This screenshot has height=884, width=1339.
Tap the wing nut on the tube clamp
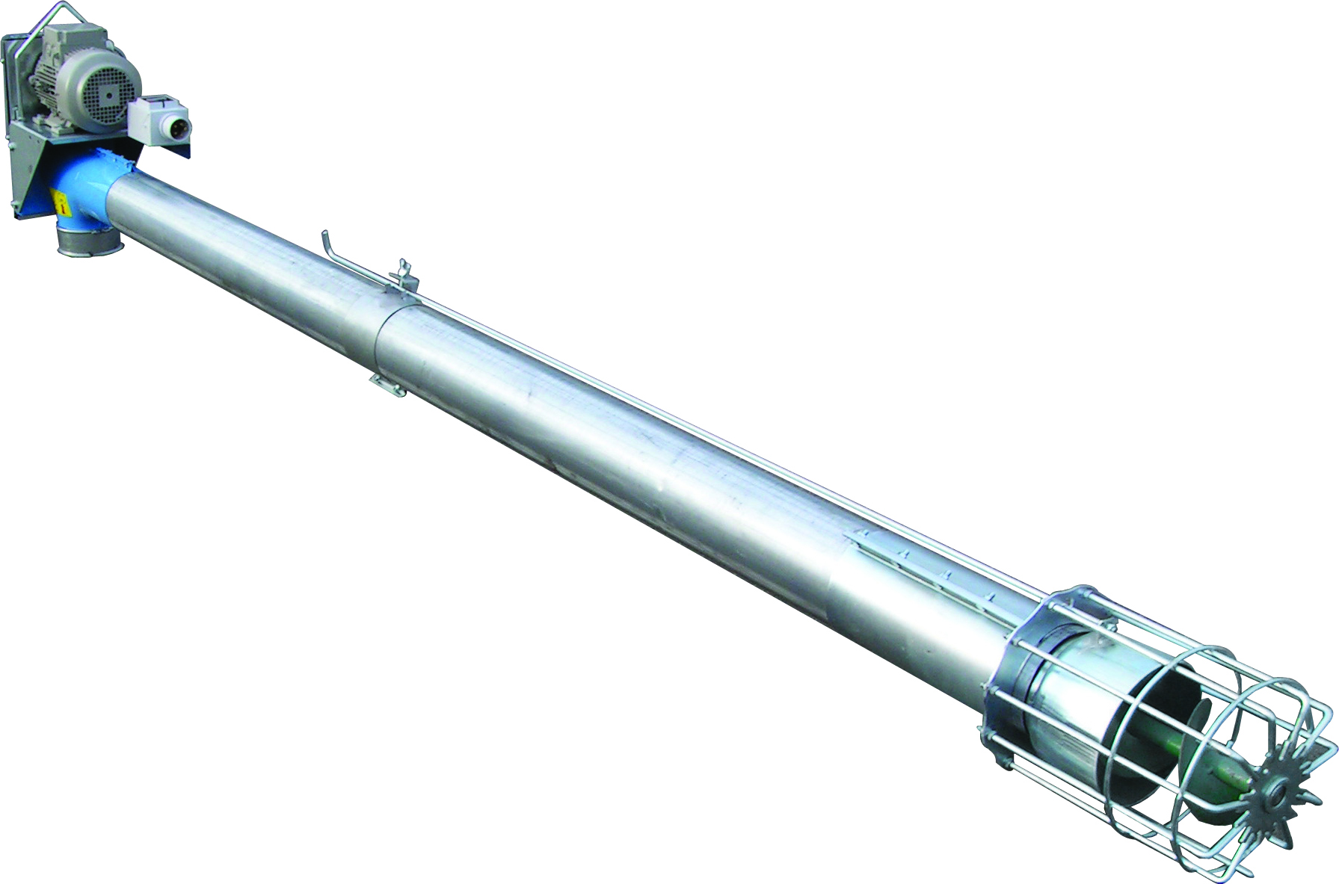point(404,267)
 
